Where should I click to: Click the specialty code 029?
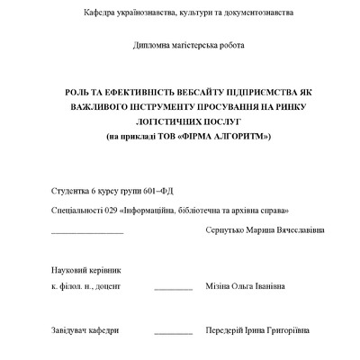(112, 209)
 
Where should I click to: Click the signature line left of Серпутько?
(87, 232)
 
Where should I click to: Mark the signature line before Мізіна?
(173, 289)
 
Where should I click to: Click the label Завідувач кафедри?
(85, 329)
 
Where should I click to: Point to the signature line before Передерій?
(173, 333)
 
